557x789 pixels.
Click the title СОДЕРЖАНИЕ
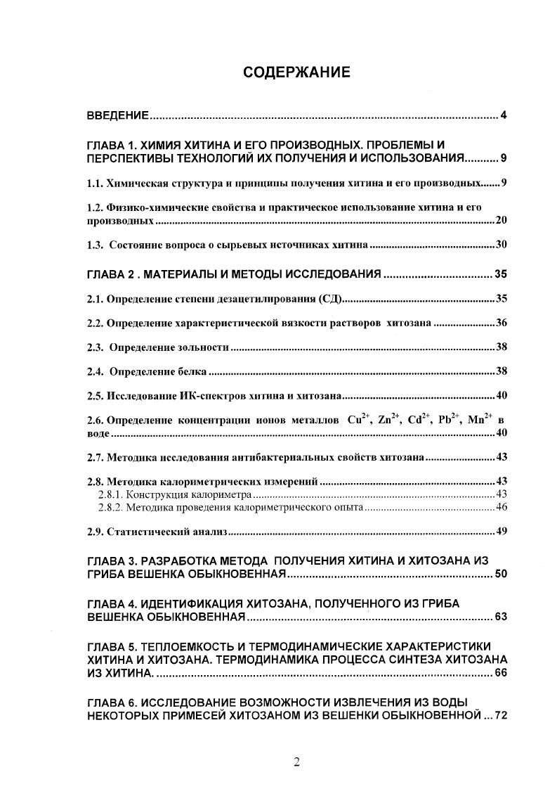pos(296,72)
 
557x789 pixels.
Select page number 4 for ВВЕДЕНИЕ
pos(504,115)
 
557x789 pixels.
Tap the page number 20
pos(501,221)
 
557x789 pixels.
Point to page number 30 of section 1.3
pos(501,245)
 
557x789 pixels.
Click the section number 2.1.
pos(96,299)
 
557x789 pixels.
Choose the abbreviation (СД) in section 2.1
pos(329,299)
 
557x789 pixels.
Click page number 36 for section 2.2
pos(501,323)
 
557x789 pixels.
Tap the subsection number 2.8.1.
pos(110,494)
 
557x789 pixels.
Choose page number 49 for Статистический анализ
pos(501,531)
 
